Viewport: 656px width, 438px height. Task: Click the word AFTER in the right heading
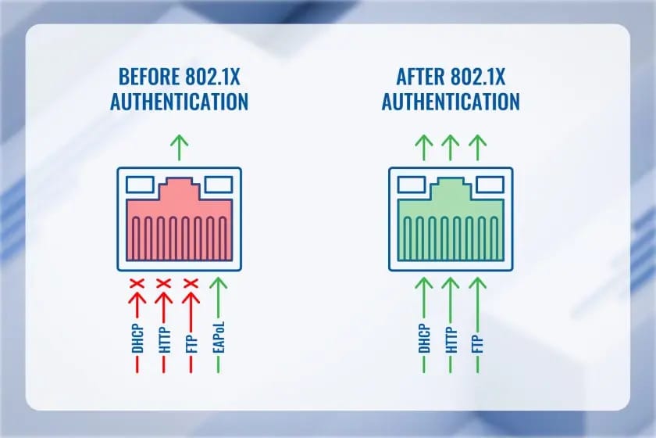[420, 77]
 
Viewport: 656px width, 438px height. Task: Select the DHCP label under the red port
[137, 339]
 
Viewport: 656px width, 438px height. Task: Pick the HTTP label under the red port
[165, 339]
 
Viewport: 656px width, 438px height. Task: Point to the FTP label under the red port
[191, 344]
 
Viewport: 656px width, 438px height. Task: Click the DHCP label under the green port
[424, 339]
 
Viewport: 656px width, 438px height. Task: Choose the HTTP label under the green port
[451, 339]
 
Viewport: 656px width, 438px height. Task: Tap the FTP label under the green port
[478, 344]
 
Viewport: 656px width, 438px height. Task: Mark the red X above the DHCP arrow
[137, 284]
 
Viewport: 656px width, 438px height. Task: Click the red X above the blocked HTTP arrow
[163, 284]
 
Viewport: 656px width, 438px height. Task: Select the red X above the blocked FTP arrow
[191, 284]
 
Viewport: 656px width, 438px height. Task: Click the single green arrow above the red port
[180, 148]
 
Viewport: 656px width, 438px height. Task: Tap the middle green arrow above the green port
[451, 148]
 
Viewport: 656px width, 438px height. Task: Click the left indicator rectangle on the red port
[140, 185]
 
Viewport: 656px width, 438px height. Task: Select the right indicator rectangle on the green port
[490, 185]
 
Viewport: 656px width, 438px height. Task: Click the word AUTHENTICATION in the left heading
[179, 102]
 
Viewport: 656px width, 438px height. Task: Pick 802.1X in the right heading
[478, 77]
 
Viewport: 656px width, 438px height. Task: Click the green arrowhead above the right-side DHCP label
[424, 283]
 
